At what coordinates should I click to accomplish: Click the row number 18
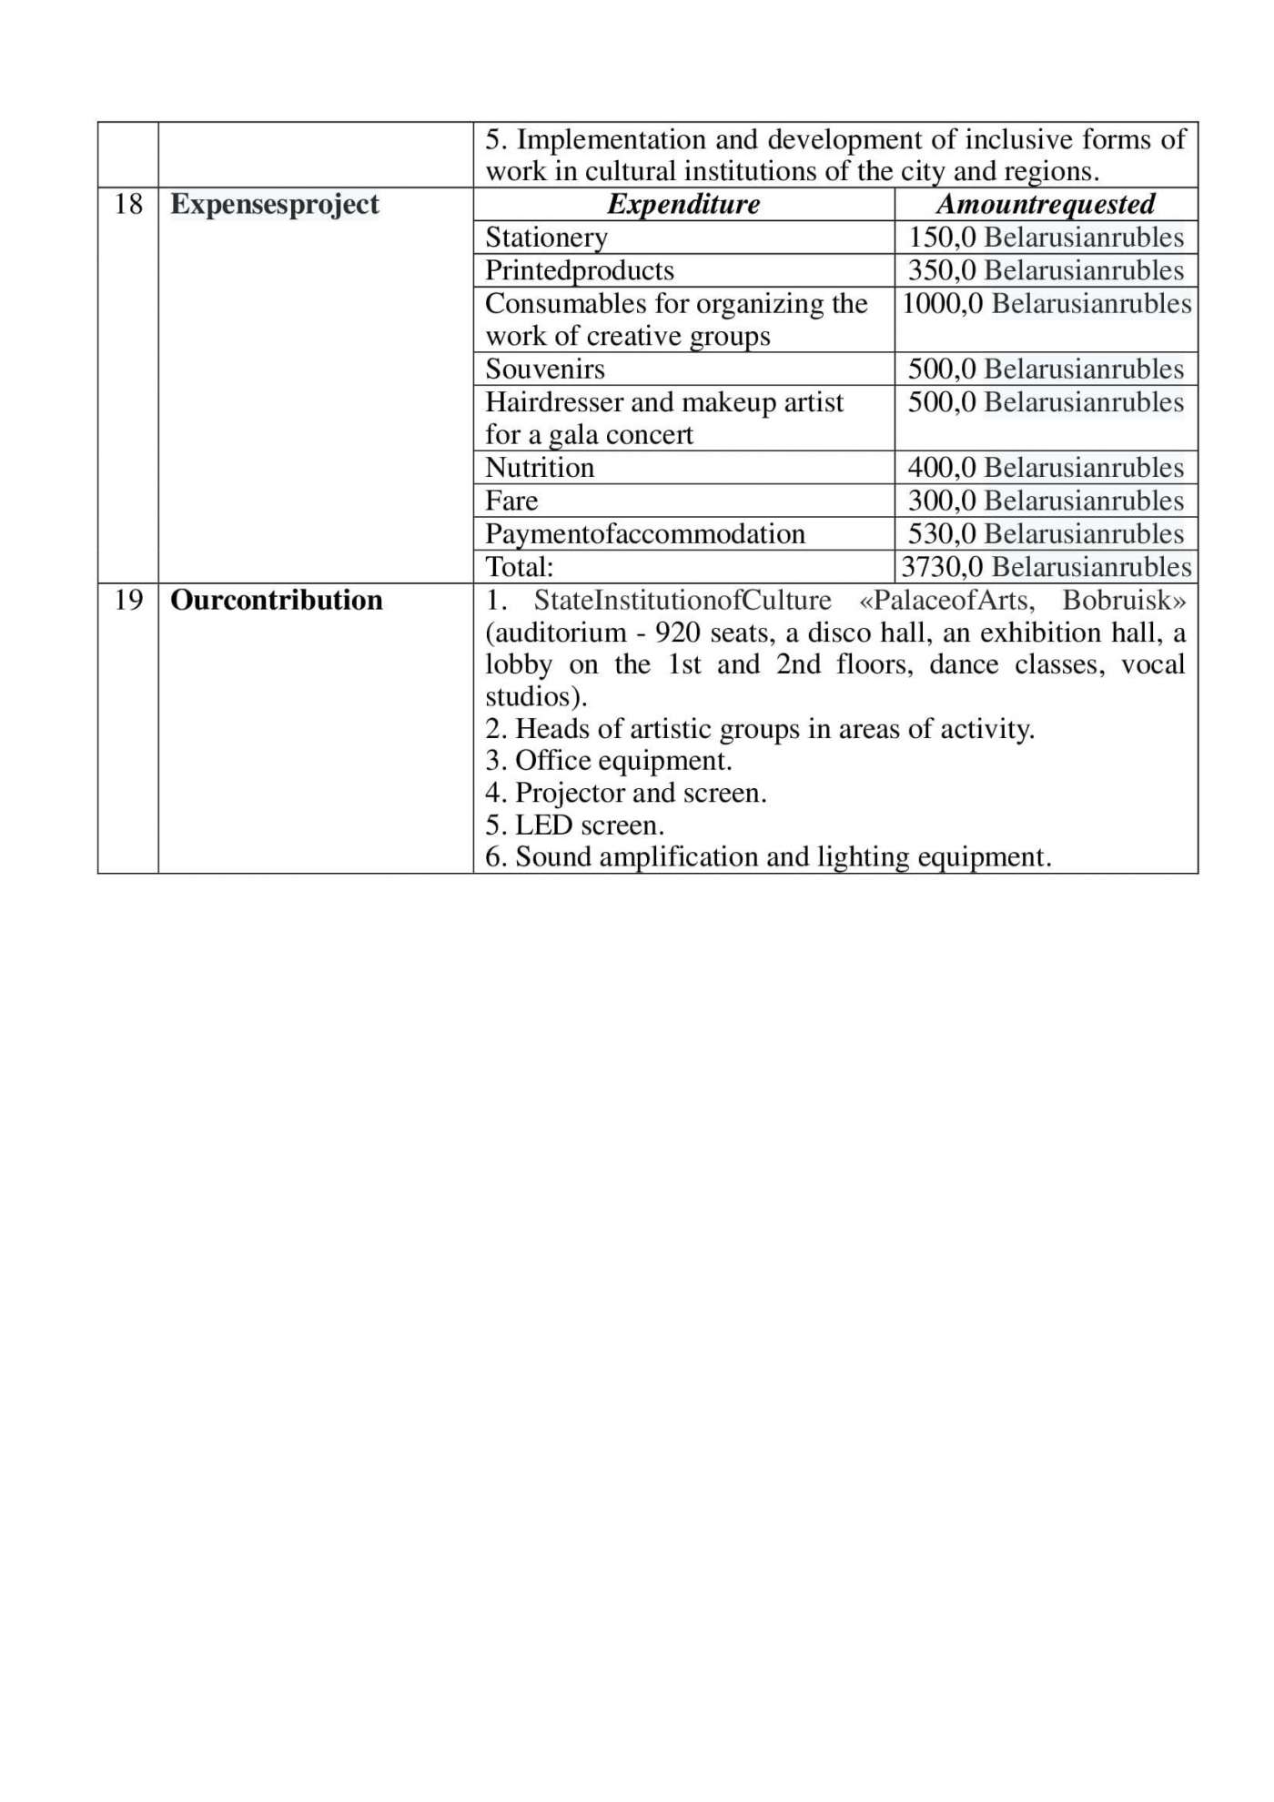(128, 204)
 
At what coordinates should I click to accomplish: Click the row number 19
(128, 600)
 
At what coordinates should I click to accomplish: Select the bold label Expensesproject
(275, 204)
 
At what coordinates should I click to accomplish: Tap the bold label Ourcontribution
(277, 600)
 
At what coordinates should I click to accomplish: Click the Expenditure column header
(683, 204)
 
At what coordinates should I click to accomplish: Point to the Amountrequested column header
(1046, 204)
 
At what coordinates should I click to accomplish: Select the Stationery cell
(546, 238)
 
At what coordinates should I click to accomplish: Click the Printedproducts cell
(580, 270)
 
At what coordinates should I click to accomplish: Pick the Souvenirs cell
(545, 369)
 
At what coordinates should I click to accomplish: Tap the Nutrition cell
(540, 468)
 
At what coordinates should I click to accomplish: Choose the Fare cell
(511, 501)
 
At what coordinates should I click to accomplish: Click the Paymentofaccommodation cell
(645, 533)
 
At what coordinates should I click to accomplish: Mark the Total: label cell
(520, 567)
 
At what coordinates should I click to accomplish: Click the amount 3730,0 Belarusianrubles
(1046, 567)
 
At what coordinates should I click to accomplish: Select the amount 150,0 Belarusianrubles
(1046, 238)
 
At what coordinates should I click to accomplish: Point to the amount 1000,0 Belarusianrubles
(1046, 303)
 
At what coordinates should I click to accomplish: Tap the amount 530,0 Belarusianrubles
(1046, 533)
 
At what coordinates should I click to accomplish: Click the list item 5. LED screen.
(575, 825)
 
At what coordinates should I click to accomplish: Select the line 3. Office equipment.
(609, 760)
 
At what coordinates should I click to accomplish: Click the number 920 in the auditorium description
(677, 633)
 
